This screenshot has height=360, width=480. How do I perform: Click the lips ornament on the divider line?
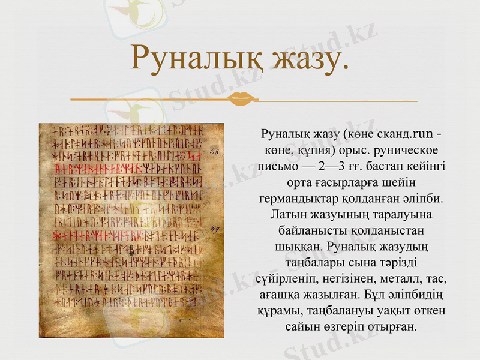click(242, 98)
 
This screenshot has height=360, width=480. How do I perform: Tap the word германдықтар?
click(299, 197)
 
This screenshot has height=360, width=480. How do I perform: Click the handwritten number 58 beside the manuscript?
click(214, 152)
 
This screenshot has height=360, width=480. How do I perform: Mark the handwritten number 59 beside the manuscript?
click(214, 229)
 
